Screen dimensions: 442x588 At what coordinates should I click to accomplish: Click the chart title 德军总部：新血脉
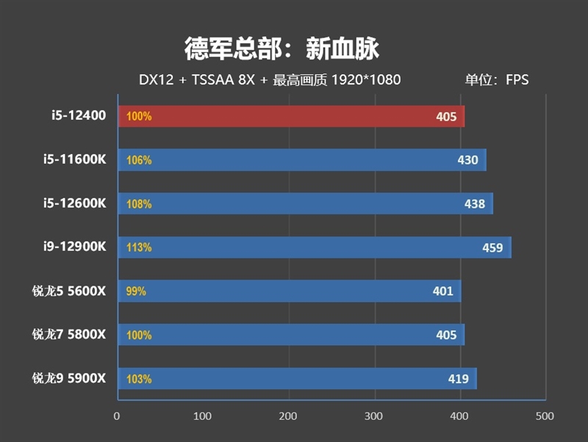(x=282, y=49)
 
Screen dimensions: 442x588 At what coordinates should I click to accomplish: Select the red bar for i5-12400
(x=291, y=116)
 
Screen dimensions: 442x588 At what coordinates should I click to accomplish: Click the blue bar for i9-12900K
(x=315, y=247)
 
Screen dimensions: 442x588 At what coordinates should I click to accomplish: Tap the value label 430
(x=467, y=160)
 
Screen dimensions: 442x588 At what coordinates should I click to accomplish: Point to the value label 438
(x=475, y=204)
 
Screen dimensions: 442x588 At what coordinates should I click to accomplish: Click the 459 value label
(x=492, y=247)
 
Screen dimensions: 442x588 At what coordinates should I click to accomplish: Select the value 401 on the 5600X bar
(x=442, y=291)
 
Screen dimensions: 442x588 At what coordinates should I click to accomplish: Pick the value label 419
(x=459, y=380)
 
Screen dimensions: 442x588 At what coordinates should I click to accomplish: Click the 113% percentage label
(x=139, y=247)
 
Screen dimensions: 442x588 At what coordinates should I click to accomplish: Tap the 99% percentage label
(x=136, y=291)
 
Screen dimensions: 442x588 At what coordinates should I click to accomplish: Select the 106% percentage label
(x=139, y=160)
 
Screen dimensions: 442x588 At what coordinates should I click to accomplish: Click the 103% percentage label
(x=139, y=380)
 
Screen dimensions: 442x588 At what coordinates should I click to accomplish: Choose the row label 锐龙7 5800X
(x=69, y=335)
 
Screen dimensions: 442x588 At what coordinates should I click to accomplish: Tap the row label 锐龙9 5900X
(x=69, y=379)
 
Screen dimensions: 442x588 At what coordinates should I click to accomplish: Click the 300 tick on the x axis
(x=375, y=416)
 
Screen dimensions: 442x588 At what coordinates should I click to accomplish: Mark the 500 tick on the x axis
(x=545, y=416)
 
